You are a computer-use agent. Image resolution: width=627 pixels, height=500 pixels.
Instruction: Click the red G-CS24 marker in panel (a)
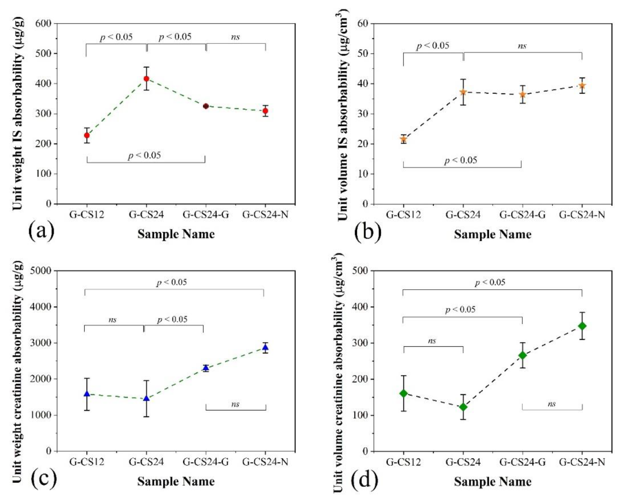point(147,78)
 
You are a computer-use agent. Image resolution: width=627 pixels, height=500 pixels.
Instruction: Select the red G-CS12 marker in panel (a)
point(87,135)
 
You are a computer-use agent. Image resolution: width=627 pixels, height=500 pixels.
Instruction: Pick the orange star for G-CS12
point(403,139)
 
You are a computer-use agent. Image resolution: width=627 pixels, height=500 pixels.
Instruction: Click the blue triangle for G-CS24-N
point(265,347)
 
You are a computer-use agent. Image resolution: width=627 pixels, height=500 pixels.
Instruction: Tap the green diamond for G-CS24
point(463,407)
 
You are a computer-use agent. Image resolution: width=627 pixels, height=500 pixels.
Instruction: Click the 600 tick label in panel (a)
point(43,23)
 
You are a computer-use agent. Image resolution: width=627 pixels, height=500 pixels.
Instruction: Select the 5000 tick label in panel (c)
point(41,271)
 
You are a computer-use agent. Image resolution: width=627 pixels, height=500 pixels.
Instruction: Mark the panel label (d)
point(365,480)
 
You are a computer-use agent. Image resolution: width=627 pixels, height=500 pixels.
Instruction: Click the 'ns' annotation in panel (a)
point(235,37)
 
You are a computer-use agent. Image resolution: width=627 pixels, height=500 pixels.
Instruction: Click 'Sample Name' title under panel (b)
point(493,234)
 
